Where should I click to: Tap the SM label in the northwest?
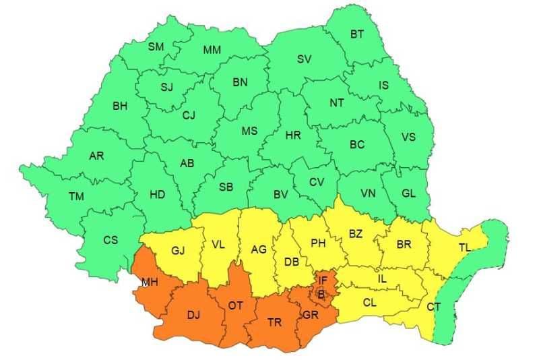[x=156, y=47]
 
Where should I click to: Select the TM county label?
[x=76, y=196]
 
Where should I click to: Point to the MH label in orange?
[x=150, y=282]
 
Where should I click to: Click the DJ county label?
[x=193, y=314]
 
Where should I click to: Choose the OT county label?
[x=235, y=305]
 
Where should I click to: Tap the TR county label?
[x=274, y=322]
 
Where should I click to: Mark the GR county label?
[x=310, y=314]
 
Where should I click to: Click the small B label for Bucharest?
[x=321, y=293]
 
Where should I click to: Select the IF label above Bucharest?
[x=323, y=279]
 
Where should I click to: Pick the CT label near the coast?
[x=434, y=307]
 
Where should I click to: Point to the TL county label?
[x=465, y=247]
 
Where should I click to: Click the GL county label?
[x=408, y=193]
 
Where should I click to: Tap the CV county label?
[x=317, y=182]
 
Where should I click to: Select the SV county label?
[x=304, y=59]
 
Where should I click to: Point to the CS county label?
[x=110, y=240]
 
